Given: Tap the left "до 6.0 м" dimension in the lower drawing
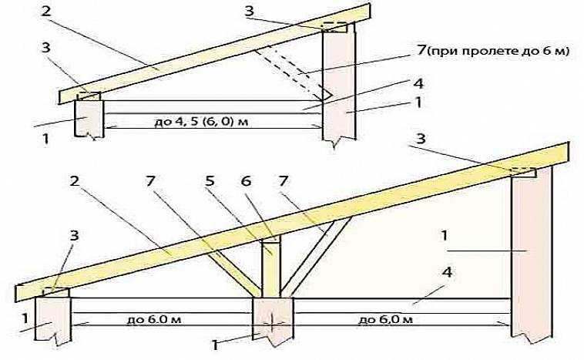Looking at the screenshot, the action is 154,320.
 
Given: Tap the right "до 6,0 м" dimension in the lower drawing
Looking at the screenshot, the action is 386,320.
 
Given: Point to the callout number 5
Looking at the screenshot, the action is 210,182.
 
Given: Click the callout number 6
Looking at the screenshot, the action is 247,182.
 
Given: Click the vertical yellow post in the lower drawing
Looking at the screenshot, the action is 271,267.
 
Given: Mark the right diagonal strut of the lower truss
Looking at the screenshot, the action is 316,257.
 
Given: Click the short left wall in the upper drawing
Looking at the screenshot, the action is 89,117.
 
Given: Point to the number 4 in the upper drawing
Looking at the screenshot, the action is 418,84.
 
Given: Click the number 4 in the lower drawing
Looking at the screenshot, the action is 447,272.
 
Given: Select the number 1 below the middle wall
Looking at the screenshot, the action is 215,345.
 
